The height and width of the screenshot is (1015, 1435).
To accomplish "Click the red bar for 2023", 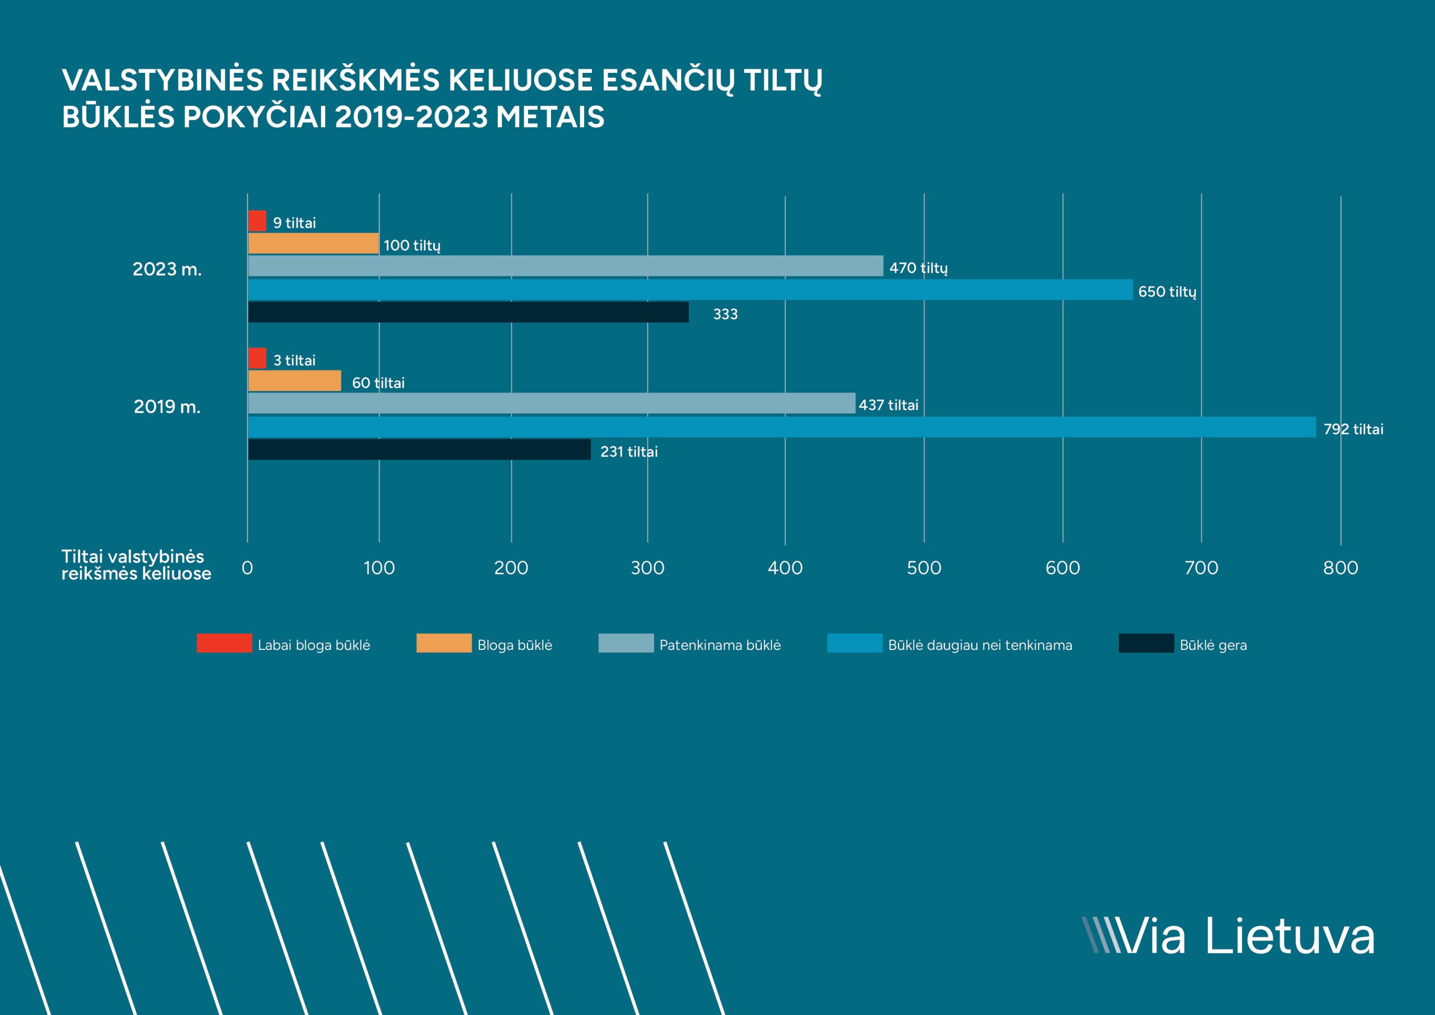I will (x=257, y=221).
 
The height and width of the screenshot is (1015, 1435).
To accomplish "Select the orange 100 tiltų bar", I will (x=313, y=243).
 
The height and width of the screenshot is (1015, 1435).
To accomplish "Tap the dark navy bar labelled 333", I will (x=468, y=312).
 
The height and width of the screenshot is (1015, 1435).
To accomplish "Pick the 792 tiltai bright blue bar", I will (x=782, y=427).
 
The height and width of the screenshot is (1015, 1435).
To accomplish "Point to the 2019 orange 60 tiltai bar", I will (x=294, y=381).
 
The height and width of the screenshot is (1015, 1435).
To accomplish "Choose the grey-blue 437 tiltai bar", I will (x=551, y=403).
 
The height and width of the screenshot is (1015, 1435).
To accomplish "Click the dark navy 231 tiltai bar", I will (x=419, y=450).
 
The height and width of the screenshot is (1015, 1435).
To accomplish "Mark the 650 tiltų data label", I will (x=1167, y=292).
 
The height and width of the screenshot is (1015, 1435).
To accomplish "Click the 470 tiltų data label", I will (x=918, y=268).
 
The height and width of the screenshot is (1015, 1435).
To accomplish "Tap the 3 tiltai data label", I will (x=294, y=360).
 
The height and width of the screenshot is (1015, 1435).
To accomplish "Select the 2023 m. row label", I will (x=167, y=270).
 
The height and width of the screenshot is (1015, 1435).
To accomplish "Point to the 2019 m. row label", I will (x=167, y=407).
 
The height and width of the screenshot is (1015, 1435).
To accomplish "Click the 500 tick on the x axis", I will (x=924, y=568).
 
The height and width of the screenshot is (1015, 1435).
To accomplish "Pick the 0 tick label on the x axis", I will (x=248, y=568).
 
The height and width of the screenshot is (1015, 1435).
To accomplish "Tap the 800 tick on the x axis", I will (x=1340, y=568).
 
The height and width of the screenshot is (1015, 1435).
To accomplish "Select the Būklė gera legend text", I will (x=1213, y=645).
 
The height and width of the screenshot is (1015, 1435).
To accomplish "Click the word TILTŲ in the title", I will (x=783, y=81).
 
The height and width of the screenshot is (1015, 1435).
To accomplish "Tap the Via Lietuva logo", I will (x=1228, y=936).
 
